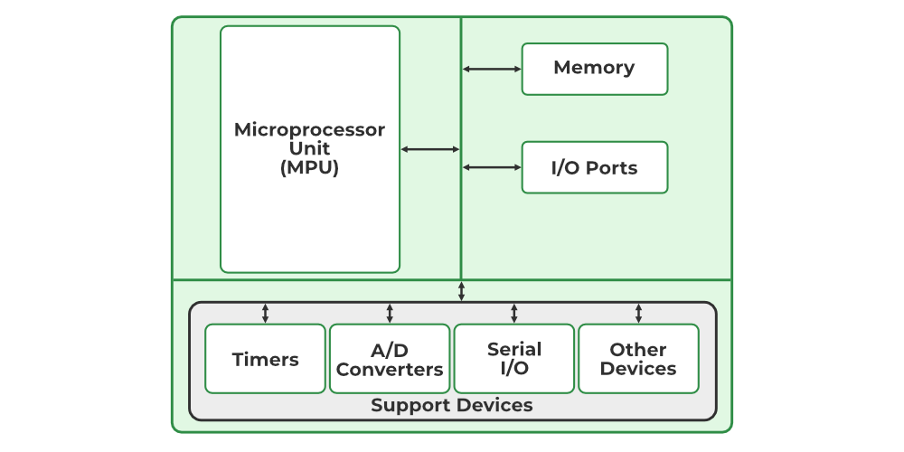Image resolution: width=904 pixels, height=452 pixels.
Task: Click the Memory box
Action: (x=594, y=69)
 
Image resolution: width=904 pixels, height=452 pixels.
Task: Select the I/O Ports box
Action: (x=594, y=167)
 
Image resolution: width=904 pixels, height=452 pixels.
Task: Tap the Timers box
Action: (x=265, y=359)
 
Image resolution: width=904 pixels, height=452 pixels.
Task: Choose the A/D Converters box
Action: (x=390, y=359)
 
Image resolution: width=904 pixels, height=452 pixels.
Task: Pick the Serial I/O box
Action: (x=513, y=359)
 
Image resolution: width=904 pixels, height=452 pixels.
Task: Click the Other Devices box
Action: (x=638, y=359)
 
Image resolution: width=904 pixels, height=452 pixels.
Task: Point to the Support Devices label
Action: (x=451, y=405)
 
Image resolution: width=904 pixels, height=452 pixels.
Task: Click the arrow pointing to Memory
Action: (x=492, y=69)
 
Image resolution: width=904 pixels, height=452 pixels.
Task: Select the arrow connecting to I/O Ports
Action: (x=492, y=167)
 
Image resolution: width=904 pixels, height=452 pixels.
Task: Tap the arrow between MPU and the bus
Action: (x=430, y=149)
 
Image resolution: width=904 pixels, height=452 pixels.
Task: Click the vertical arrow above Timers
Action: (x=265, y=313)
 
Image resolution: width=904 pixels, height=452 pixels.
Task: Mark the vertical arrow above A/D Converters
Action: (x=390, y=313)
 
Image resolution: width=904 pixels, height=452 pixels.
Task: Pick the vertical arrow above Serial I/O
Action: (x=513, y=313)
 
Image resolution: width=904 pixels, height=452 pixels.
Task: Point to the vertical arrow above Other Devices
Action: (x=638, y=313)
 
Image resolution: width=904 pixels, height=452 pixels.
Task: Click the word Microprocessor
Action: (x=309, y=129)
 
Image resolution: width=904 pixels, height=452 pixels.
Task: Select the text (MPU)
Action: (x=309, y=167)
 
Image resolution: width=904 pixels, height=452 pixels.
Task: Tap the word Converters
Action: (x=390, y=369)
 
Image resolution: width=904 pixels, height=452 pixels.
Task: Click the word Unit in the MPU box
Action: (x=309, y=148)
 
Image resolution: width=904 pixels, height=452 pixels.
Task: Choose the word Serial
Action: (x=513, y=349)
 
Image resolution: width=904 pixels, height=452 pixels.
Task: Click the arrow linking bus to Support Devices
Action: (x=461, y=291)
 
